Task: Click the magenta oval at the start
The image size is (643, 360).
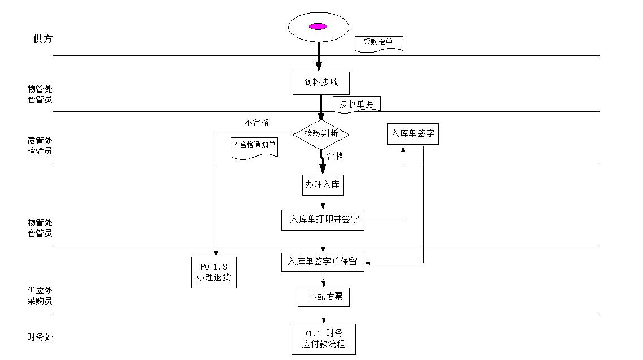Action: click(x=318, y=27)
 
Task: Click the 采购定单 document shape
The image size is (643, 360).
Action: click(x=379, y=43)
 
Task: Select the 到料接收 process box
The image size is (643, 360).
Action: click(x=321, y=83)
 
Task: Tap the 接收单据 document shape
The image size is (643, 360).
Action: click(x=357, y=104)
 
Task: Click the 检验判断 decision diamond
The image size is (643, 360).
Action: click(x=321, y=134)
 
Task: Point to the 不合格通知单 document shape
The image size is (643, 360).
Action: click(x=254, y=146)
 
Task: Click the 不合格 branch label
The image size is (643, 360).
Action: click(x=257, y=122)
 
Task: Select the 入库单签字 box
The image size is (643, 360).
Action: click(x=412, y=134)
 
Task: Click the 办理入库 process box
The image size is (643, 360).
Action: click(x=323, y=185)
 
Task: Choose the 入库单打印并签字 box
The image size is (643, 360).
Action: click(x=323, y=219)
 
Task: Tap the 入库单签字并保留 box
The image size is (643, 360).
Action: click(x=323, y=262)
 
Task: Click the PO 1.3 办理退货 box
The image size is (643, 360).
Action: click(x=214, y=272)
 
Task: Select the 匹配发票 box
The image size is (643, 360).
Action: click(x=324, y=297)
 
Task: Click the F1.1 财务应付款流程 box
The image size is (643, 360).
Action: click(x=324, y=339)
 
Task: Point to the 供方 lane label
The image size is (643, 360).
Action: click(x=42, y=39)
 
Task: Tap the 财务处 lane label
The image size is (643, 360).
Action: click(x=40, y=337)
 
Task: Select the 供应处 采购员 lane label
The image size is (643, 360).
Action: click(x=40, y=296)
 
